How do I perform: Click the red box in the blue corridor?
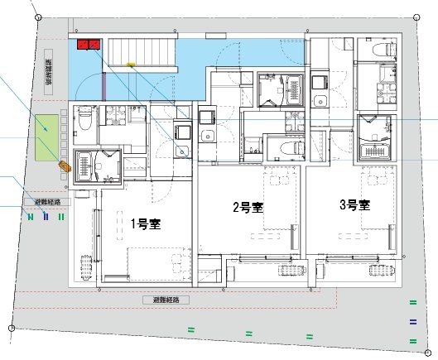pos(88,44)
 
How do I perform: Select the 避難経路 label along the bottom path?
pos(166,300)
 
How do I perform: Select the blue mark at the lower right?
pos(412,322)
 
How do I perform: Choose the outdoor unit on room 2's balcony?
pos(290,269)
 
